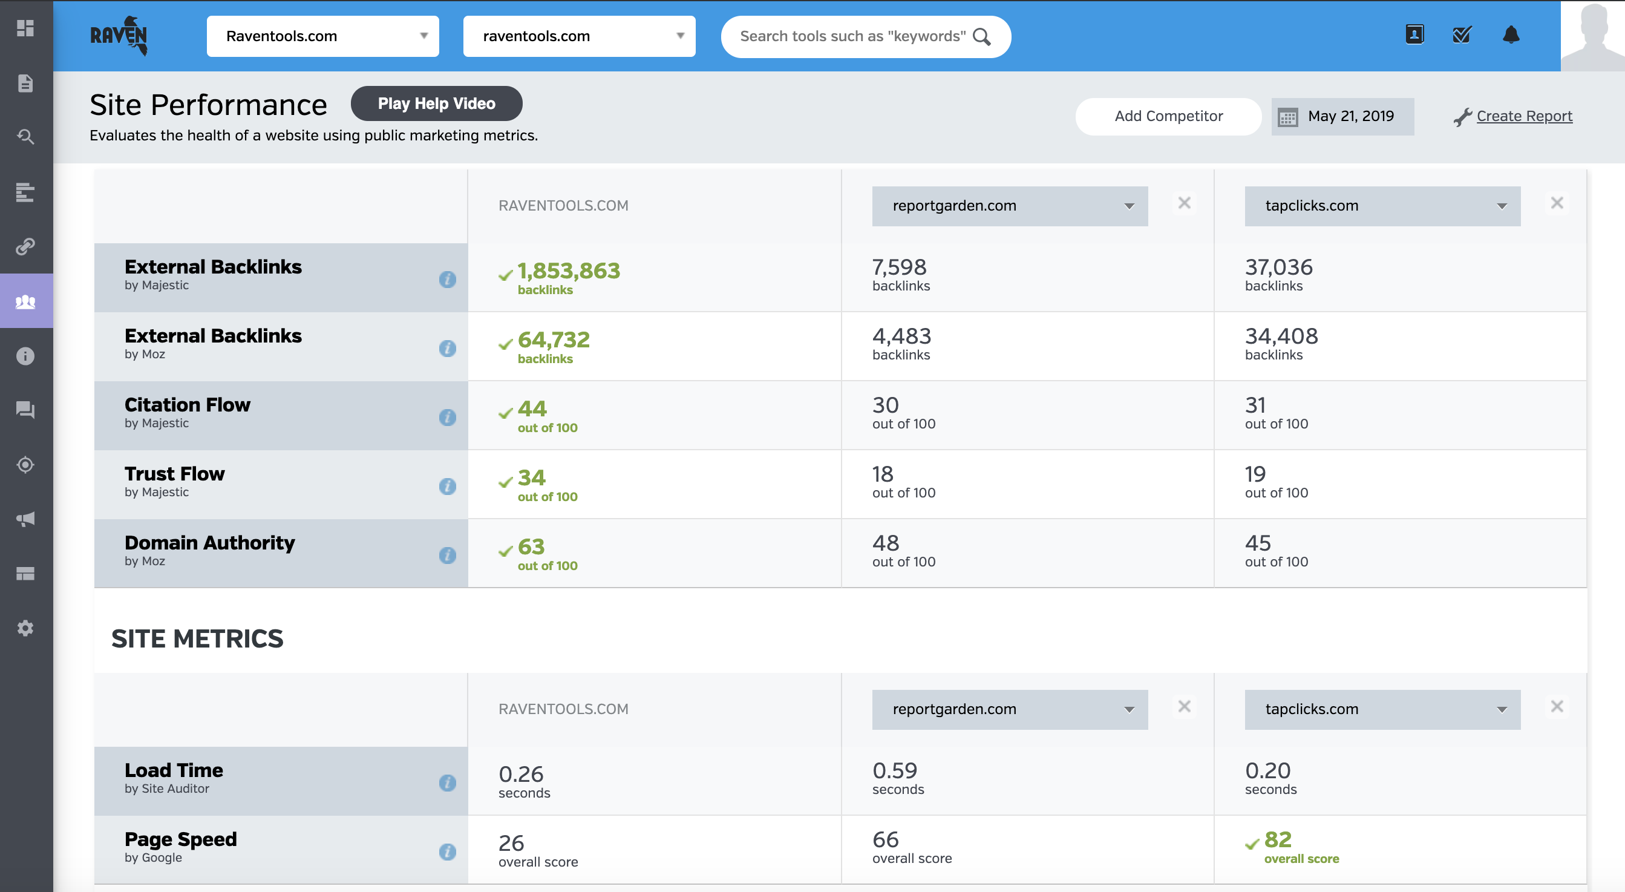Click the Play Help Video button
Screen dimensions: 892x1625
tap(436, 103)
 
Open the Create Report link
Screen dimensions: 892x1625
tap(1523, 116)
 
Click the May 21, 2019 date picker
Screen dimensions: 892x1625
tap(1342, 116)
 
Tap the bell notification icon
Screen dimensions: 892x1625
tap(1510, 34)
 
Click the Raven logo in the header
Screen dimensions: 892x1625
tap(119, 36)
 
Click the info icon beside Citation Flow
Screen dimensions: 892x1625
tap(447, 417)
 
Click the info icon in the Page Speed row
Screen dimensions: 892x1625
tap(447, 851)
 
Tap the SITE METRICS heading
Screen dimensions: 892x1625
tap(197, 638)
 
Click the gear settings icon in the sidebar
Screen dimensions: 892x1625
tap(25, 628)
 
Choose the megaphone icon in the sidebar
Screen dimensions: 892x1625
tap(25, 519)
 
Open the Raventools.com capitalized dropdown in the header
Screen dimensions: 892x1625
tap(322, 36)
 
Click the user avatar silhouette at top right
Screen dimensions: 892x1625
tap(1592, 36)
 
